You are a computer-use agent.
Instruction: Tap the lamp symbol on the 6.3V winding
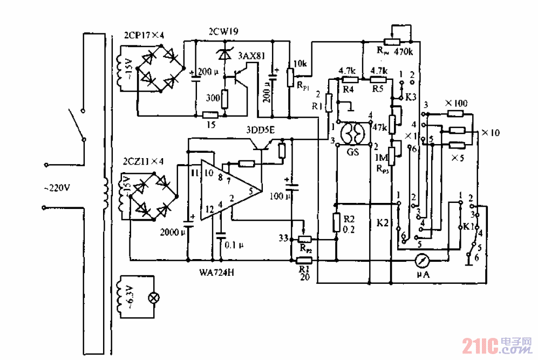(153, 297)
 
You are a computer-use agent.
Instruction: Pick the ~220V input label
(57, 188)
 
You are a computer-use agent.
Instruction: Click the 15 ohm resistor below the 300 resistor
(210, 115)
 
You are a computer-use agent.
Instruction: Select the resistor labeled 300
(225, 99)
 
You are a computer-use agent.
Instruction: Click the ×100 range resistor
(455, 113)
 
